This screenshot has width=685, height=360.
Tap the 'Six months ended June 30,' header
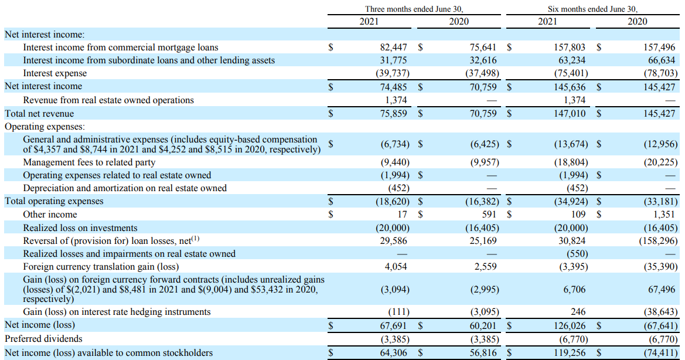(592, 9)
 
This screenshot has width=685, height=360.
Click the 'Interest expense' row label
(54, 73)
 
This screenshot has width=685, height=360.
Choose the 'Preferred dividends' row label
(43, 338)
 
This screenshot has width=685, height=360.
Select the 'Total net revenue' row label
(39, 113)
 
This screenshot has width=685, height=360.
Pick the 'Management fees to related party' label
(89, 162)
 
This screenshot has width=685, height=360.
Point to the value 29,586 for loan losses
(394, 240)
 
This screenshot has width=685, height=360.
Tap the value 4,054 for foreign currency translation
(396, 266)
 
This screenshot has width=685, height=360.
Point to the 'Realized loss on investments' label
(80, 227)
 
